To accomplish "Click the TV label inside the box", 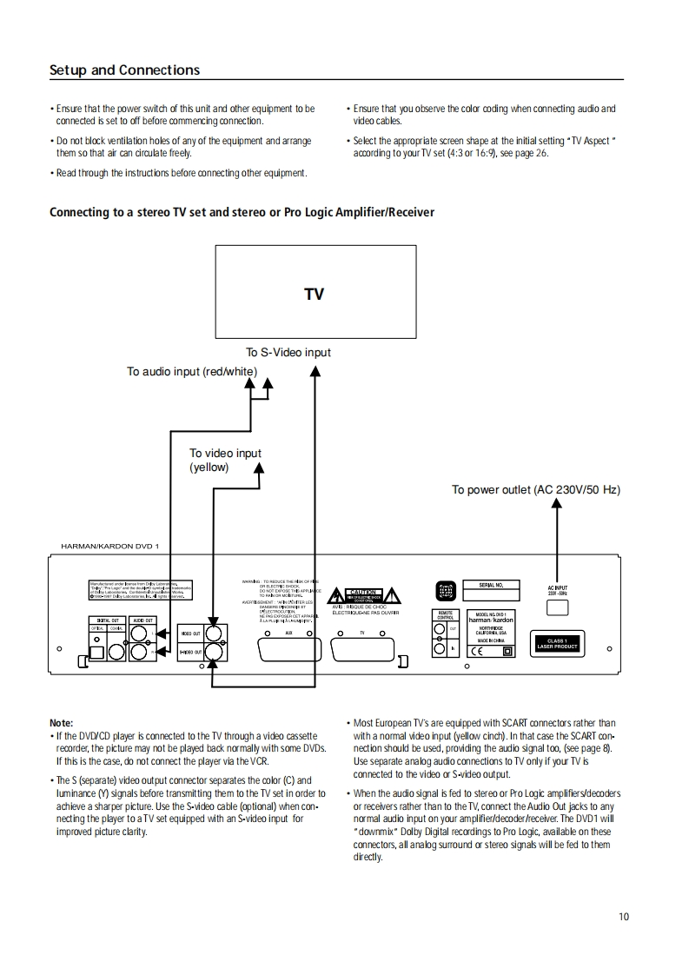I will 314,295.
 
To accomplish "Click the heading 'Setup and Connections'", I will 124,70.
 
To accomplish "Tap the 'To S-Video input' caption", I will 288,352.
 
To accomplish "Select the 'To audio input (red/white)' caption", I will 192,372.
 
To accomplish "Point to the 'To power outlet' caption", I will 535,490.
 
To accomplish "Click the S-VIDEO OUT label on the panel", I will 190,651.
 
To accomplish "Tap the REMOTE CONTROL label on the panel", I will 445,615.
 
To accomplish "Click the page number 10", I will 624,916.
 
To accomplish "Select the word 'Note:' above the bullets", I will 62,723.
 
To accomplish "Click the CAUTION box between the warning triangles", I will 362,593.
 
